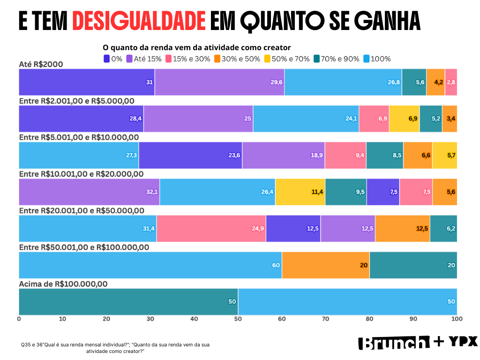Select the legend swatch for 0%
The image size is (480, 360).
(106, 59)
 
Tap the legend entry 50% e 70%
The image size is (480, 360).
(287, 59)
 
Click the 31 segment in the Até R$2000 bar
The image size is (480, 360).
(87, 82)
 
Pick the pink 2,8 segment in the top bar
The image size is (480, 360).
(451, 82)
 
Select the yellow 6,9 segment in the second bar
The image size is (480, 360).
(404, 119)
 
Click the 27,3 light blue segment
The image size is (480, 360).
(79, 155)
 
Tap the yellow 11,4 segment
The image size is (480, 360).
(300, 192)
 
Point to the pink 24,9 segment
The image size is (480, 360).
(211, 228)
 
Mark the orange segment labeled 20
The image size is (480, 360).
(325, 265)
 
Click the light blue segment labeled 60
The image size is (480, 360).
(150, 265)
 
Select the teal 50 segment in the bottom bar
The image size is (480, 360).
(128, 301)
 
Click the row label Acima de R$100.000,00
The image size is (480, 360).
(63, 284)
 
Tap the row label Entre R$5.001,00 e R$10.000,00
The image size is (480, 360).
(79, 137)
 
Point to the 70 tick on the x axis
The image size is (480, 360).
(325, 319)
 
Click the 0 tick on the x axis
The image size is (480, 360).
(19, 319)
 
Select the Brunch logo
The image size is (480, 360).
(394, 343)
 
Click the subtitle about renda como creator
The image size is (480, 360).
(196, 47)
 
